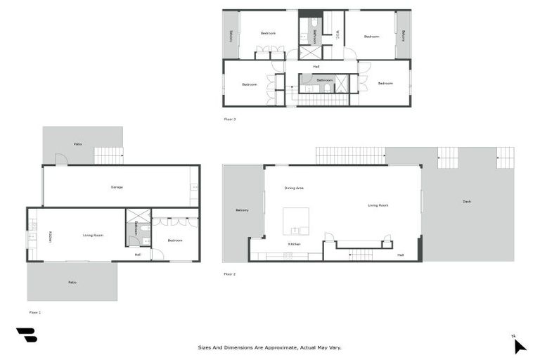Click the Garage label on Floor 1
pyautogui.click(x=117, y=186)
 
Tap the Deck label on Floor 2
pyautogui.click(x=467, y=202)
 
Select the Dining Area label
pyautogui.click(x=294, y=188)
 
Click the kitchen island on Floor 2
pyautogui.click(x=296, y=220)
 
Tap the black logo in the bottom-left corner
pyautogui.click(x=26, y=335)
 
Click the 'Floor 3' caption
pyautogui.click(x=230, y=119)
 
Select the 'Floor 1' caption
pyautogui.click(x=35, y=311)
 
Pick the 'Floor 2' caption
pyautogui.click(x=230, y=274)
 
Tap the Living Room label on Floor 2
pyautogui.click(x=378, y=205)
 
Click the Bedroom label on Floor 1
pyautogui.click(x=175, y=240)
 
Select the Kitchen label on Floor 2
pyautogui.click(x=295, y=244)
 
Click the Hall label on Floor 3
pyautogui.click(x=316, y=67)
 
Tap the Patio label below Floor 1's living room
pyautogui.click(x=72, y=283)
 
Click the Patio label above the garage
pyautogui.click(x=78, y=144)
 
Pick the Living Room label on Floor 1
pyautogui.click(x=94, y=235)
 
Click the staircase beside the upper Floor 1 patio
pyautogui.click(x=109, y=155)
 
